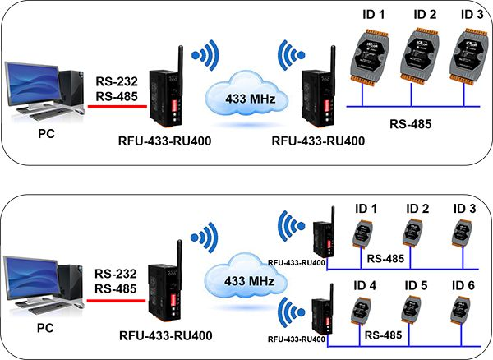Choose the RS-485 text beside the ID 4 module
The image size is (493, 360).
point(381,337)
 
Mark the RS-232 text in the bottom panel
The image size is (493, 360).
point(113,274)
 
